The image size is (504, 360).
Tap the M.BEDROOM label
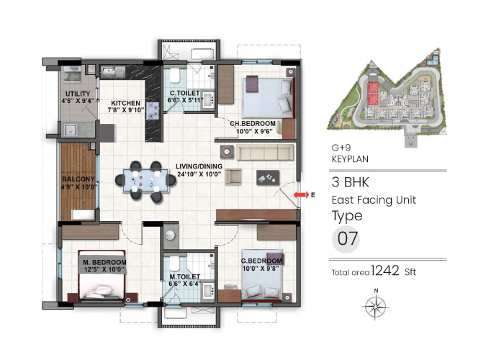pos(104,261)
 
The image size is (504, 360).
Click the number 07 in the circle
pos(347,240)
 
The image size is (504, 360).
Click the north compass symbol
pos(375,307)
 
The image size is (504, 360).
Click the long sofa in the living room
pos(265,152)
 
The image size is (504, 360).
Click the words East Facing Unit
pos(374,199)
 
